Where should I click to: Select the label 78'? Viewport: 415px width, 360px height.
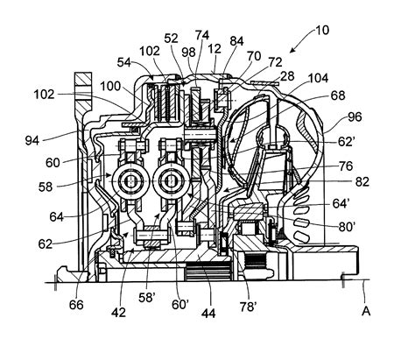[249, 307]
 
